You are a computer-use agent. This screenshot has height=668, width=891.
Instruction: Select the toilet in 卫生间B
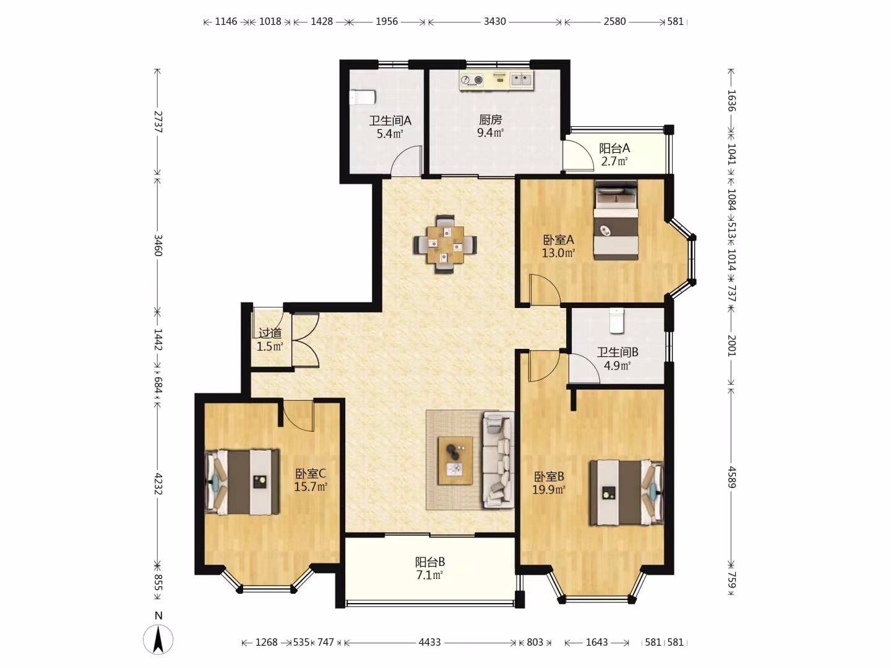coord(617,320)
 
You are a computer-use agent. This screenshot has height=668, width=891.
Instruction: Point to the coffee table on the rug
coord(455,460)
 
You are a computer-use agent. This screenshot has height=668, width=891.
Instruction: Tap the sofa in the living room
coord(497,460)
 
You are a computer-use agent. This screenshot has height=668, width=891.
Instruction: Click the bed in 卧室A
coord(616,220)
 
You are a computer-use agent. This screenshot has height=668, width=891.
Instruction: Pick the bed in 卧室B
coord(627,492)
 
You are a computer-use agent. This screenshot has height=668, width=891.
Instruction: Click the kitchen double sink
coord(521,80)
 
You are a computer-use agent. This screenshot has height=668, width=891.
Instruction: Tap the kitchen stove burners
coord(471,80)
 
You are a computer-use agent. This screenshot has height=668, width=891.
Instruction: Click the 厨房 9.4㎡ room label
coord(490,126)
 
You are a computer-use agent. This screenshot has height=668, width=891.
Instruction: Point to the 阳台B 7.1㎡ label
coord(429,568)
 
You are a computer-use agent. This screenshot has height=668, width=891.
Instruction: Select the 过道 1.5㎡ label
coord(270,340)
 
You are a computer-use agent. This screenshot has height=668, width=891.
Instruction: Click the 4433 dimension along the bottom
coord(429,642)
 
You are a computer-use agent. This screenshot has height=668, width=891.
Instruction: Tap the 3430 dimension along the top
coord(494,21)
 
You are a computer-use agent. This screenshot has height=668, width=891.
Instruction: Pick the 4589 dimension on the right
coord(731,477)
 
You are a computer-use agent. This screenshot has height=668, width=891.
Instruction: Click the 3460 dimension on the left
coord(158,246)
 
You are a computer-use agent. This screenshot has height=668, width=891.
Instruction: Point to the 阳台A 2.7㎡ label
coord(614,155)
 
